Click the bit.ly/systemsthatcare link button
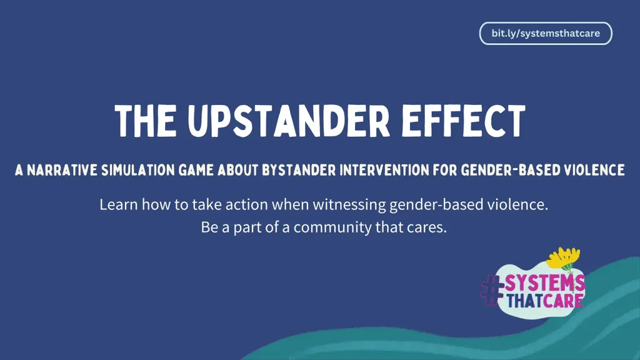(x=545, y=34)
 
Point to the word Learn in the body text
(x=116, y=204)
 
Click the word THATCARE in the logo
(x=544, y=301)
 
